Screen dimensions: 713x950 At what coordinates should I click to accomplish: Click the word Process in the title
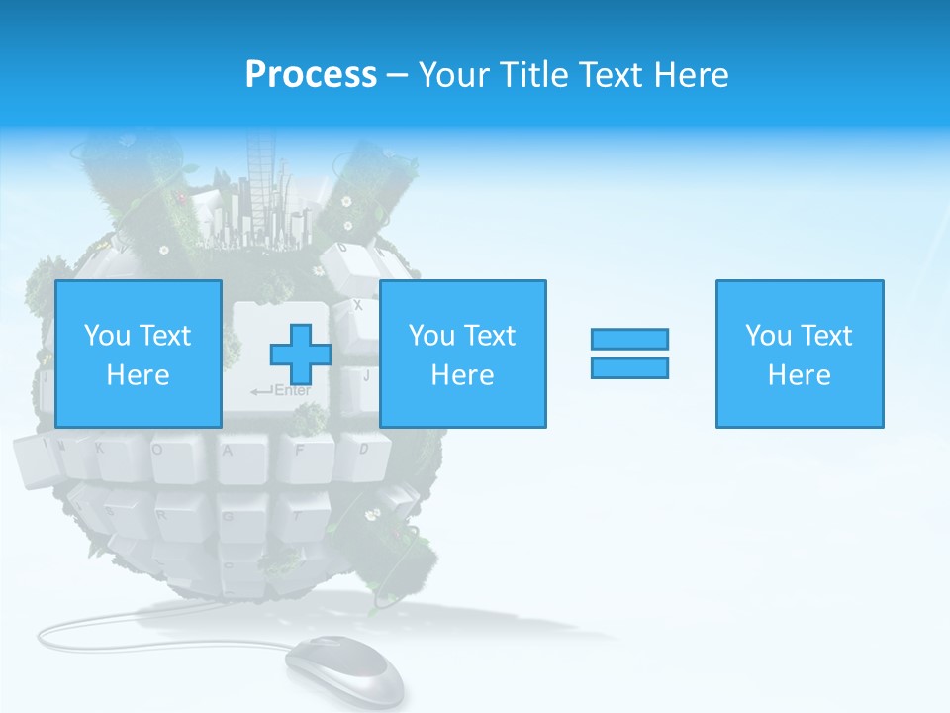pyautogui.click(x=311, y=75)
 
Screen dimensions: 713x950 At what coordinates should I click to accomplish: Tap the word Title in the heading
pyautogui.click(x=533, y=75)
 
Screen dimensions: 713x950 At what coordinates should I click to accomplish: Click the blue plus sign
pyautogui.click(x=301, y=355)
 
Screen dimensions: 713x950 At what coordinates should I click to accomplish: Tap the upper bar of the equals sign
pyautogui.click(x=629, y=339)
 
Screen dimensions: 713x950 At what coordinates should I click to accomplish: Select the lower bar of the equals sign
pyautogui.click(x=629, y=367)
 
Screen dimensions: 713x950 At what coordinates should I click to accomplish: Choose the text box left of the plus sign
pyautogui.click(x=138, y=355)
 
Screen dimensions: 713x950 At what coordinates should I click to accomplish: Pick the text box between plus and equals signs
pyautogui.click(x=462, y=355)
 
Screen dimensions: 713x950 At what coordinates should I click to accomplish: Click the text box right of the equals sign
pyautogui.click(x=799, y=355)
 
